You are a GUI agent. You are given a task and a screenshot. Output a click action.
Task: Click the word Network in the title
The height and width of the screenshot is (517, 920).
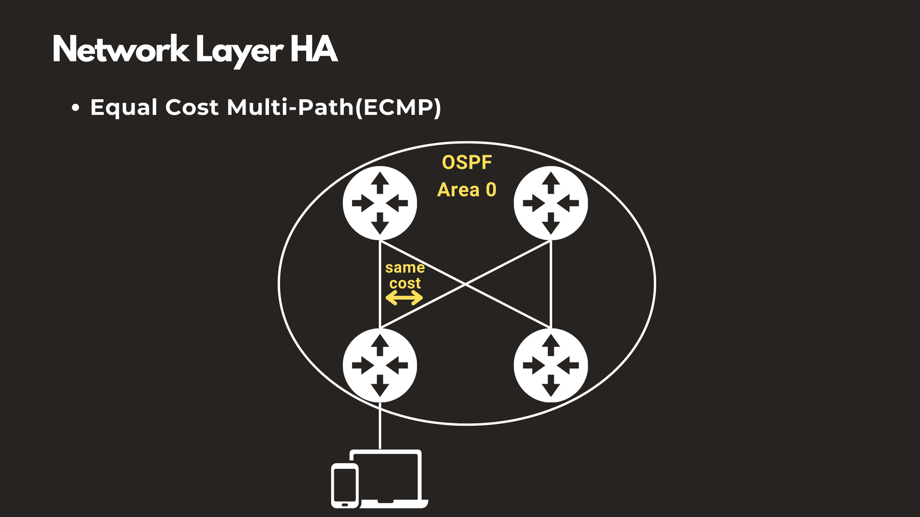click(x=120, y=50)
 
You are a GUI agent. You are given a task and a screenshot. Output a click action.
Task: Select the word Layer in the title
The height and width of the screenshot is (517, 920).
click(x=239, y=51)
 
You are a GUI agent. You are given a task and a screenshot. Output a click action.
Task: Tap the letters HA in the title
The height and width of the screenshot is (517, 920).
click(x=313, y=49)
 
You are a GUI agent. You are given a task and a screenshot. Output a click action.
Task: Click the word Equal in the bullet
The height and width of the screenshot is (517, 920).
click(x=124, y=108)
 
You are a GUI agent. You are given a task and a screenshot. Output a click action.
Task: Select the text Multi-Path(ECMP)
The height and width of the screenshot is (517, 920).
click(x=334, y=107)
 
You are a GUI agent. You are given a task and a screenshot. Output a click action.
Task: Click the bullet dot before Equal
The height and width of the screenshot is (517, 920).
click(x=75, y=108)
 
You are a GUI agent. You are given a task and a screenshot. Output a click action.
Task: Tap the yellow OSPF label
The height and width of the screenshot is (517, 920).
click(x=466, y=163)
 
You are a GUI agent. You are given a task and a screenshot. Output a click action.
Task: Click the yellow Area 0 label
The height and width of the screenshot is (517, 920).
click(x=466, y=190)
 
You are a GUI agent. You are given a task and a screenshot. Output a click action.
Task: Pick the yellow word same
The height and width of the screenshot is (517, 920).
click(x=405, y=268)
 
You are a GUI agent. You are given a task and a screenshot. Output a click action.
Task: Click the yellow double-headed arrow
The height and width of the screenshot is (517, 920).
click(x=404, y=298)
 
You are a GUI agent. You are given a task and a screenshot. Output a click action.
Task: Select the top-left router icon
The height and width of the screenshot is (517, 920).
click(x=379, y=203)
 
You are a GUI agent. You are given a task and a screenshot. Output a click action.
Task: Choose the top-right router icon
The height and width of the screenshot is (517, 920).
click(x=550, y=203)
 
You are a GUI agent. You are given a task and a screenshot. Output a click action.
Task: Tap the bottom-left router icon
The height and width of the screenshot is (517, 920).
click(x=379, y=365)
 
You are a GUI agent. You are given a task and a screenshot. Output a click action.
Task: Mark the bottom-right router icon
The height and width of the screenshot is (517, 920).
click(x=550, y=365)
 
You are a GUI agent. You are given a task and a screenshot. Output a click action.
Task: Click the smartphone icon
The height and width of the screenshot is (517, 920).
click(x=344, y=485)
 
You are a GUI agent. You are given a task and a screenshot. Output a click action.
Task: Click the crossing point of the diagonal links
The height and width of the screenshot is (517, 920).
click(x=465, y=284)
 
